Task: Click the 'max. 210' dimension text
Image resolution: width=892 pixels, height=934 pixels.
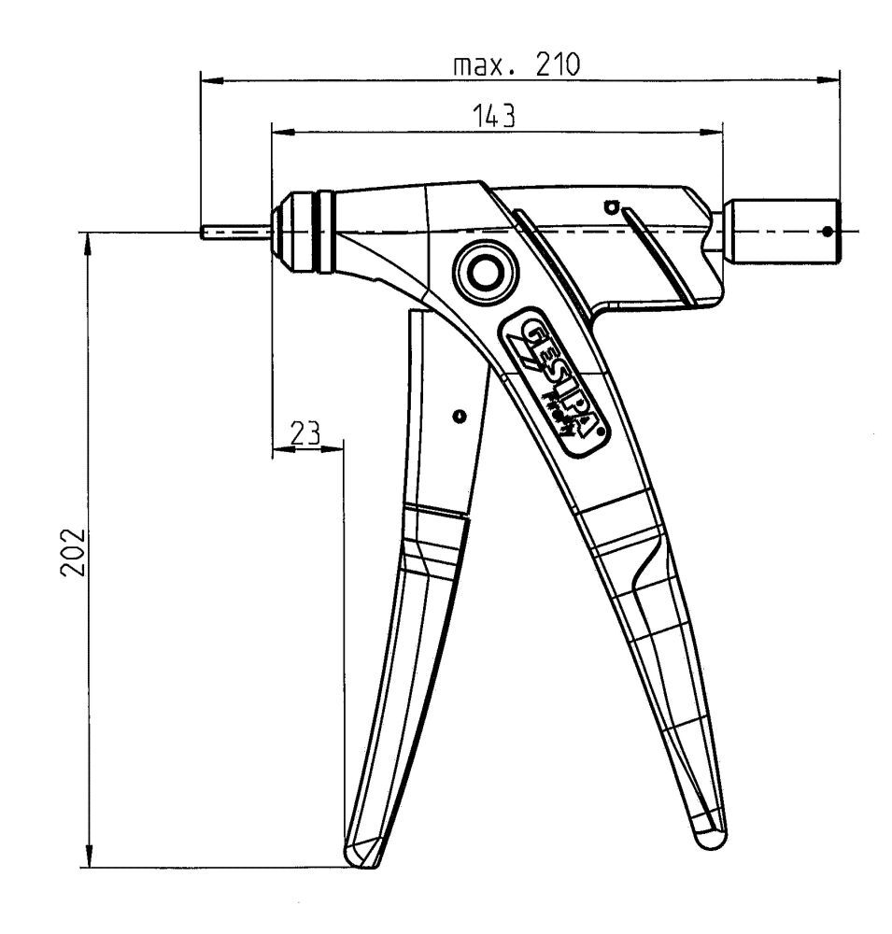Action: [x=516, y=66]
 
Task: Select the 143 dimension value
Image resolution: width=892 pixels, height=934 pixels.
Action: [x=494, y=117]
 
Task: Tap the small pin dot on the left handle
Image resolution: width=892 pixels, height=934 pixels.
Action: [x=457, y=417]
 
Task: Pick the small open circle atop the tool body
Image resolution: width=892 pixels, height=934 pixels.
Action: [x=612, y=205]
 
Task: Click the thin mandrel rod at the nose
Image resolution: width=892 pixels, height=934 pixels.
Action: [x=234, y=232]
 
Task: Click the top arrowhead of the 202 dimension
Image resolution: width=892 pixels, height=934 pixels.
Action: [x=90, y=244]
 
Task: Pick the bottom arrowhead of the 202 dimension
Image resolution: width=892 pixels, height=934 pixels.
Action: [x=90, y=857]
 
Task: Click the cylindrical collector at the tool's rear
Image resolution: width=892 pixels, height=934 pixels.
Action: [x=785, y=230]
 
